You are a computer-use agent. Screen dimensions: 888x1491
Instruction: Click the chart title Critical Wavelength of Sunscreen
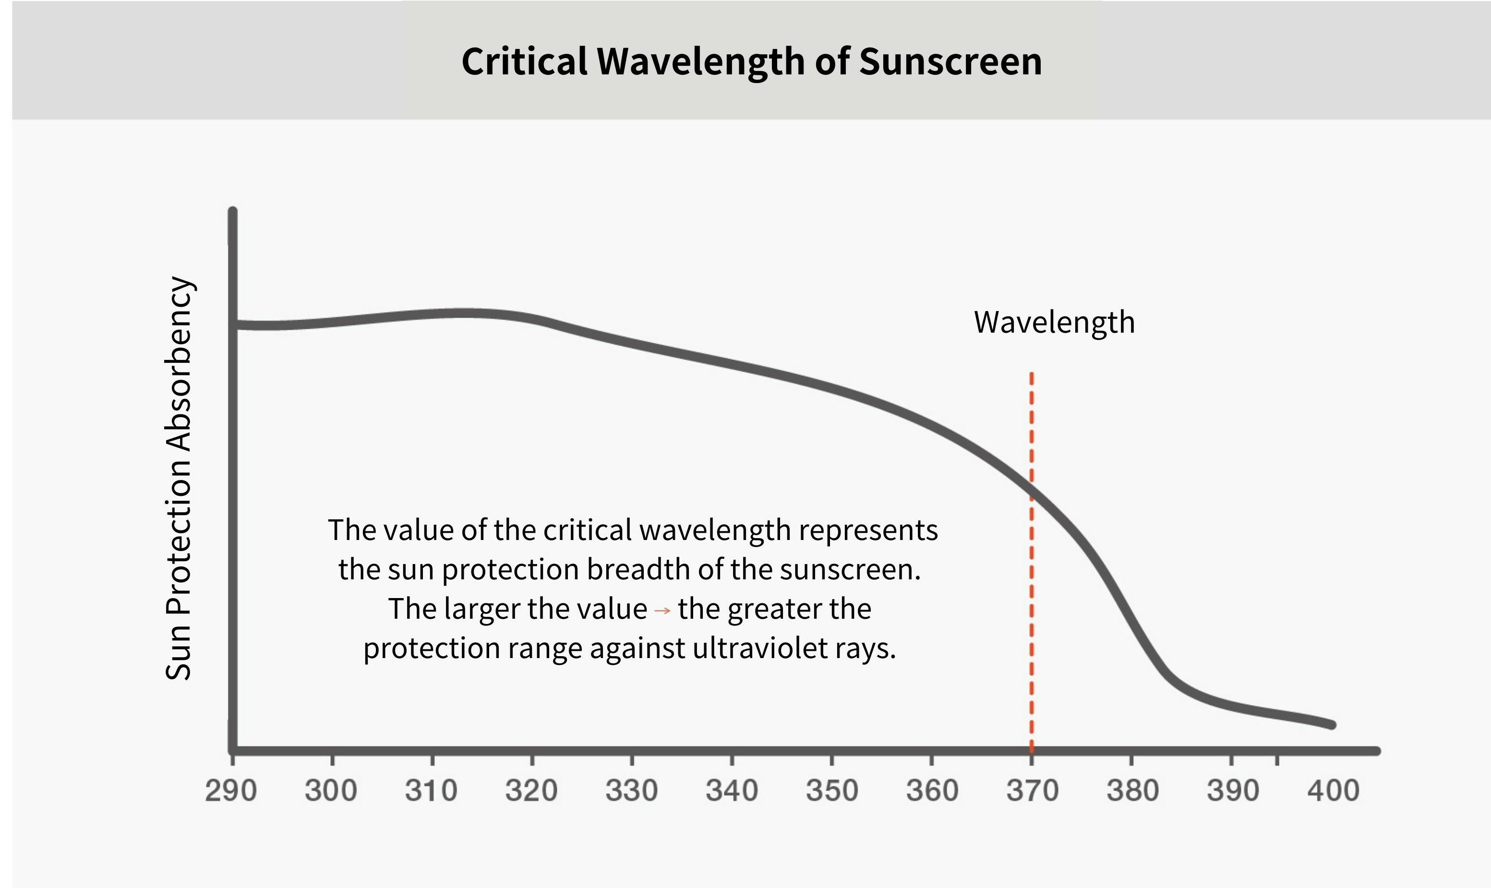[751, 61]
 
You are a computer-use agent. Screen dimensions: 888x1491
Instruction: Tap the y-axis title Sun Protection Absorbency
[178, 478]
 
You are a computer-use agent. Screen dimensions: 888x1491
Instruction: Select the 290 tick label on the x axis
[231, 791]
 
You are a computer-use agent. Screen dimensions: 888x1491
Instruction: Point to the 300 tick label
[331, 791]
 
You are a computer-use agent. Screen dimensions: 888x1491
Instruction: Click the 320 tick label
[531, 791]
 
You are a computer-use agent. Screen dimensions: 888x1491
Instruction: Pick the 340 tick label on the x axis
[732, 791]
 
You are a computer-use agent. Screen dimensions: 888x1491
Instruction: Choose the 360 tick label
[932, 791]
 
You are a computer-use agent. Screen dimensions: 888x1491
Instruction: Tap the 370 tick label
[1032, 791]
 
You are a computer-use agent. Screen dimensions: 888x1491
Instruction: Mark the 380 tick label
[1132, 791]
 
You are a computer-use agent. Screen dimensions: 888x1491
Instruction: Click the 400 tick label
[1333, 791]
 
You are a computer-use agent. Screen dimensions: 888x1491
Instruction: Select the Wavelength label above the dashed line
[1054, 323]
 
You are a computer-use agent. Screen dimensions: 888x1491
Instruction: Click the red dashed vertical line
[1032, 599]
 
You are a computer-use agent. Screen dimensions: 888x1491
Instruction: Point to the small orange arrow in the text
[662, 611]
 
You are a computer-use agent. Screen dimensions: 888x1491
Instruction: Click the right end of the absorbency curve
[1332, 725]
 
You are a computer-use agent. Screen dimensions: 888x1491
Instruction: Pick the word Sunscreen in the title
[951, 61]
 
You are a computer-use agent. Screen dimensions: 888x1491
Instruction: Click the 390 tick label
[1233, 791]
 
